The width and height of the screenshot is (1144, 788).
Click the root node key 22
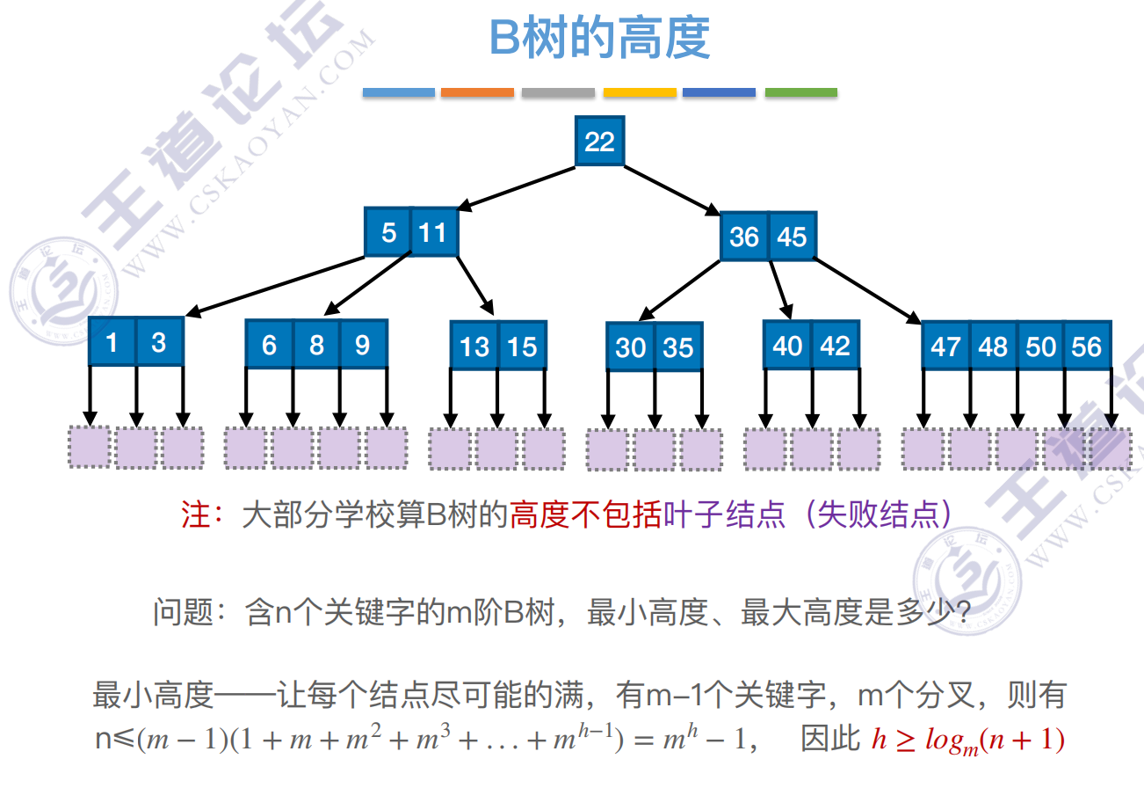[599, 141]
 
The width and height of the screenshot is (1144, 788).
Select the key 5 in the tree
[388, 232]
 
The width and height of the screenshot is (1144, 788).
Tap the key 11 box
[433, 232]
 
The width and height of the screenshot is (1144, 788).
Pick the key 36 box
[744, 237]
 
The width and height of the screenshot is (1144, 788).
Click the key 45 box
[792, 237]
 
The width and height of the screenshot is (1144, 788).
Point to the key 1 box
[112, 341]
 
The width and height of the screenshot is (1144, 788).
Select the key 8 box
[316, 344]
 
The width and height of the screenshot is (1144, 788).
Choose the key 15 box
[523, 346]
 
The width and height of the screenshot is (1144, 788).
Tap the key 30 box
[630, 347]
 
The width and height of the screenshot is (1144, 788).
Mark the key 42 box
[835, 345]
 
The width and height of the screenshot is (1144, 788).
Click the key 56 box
[1087, 346]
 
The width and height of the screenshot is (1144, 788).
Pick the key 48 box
[993, 346]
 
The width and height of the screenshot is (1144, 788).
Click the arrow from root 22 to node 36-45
[672, 188]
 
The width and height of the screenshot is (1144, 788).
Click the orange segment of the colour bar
[477, 91]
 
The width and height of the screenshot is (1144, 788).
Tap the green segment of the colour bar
[800, 91]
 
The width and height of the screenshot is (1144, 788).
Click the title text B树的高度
[599, 40]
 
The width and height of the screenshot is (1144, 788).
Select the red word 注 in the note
[195, 514]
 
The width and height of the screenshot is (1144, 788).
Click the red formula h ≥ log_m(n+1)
[967, 741]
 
